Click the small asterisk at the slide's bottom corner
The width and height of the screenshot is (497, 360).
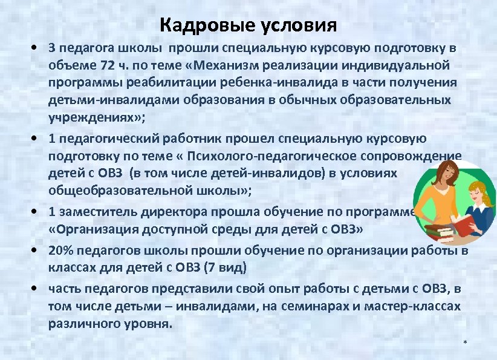(465, 344)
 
